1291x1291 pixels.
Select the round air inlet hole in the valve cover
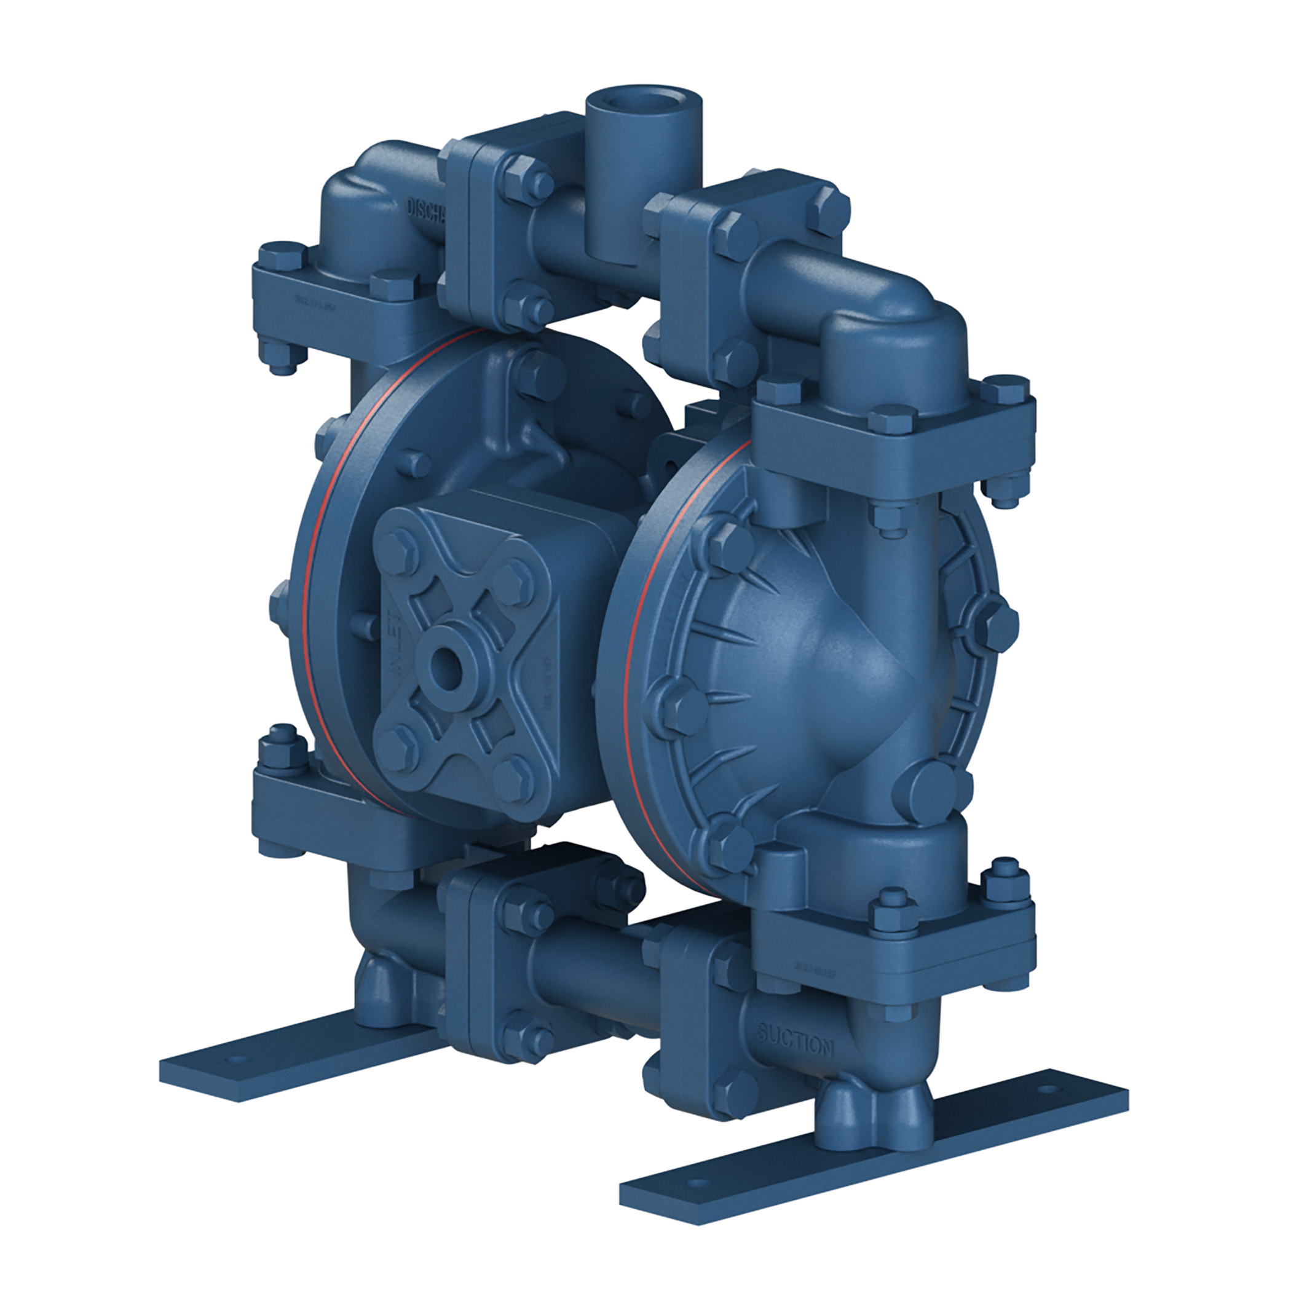(x=444, y=663)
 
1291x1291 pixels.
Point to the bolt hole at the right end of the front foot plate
(x=1054, y=1107)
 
